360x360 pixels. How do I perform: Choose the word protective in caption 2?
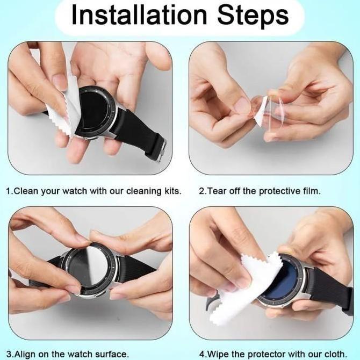point(277,191)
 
